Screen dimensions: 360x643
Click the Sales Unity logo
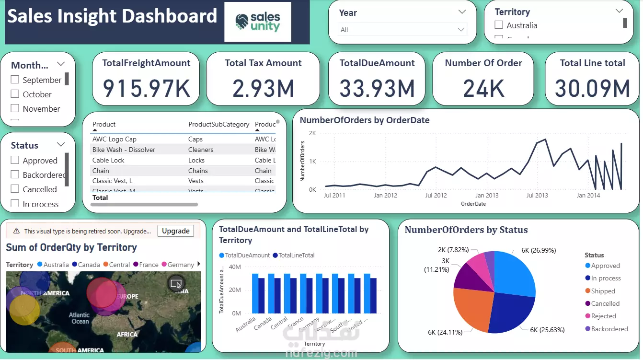coord(258,22)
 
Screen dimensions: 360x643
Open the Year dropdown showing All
coord(402,30)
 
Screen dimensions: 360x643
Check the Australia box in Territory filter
coord(499,25)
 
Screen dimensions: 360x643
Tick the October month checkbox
coord(15,94)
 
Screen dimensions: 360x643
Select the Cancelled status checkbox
coord(15,189)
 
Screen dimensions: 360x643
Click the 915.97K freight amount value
coord(146,88)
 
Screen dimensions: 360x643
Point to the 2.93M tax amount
coord(263,88)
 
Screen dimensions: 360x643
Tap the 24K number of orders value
coord(483,88)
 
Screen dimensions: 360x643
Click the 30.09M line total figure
coord(592,88)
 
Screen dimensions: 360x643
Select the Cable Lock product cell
coord(108,160)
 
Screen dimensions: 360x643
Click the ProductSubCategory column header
coord(218,124)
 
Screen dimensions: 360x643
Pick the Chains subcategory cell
coord(198,171)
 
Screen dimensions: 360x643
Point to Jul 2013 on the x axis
coord(537,196)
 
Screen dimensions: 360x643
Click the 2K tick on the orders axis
coord(312,133)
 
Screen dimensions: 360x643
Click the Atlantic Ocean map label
coord(80,318)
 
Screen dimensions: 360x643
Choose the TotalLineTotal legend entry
coord(296,255)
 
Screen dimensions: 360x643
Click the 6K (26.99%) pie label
coord(539,250)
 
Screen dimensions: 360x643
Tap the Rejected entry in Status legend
coord(603,316)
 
